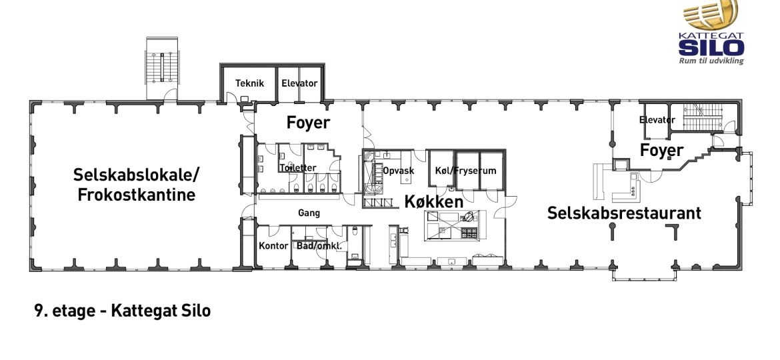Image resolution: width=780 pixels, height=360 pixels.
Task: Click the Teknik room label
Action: tap(250, 83)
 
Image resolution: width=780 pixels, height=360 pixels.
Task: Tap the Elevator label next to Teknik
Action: tap(299, 83)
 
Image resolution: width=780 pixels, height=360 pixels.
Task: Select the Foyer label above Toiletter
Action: tap(309, 123)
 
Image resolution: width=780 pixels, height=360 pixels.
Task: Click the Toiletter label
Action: tap(297, 168)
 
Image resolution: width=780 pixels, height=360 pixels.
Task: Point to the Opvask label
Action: tap(399, 171)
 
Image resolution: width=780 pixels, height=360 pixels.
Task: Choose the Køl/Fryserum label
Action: tap(465, 171)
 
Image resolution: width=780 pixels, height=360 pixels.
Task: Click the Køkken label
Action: tap(434, 201)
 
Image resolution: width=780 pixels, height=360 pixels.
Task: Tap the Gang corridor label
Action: tap(309, 213)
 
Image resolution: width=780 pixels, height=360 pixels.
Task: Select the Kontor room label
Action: tap(273, 245)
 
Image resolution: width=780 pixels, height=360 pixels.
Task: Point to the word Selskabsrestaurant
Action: tap(624, 213)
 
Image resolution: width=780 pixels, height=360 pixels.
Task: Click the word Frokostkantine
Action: tap(136, 195)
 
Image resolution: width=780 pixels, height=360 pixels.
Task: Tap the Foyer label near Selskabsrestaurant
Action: tap(661, 150)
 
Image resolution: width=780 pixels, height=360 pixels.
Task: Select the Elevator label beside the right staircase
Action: tap(657, 120)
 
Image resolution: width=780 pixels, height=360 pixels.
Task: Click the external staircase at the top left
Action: tap(162, 68)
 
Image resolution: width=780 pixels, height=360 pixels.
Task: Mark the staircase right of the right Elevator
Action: tap(703, 117)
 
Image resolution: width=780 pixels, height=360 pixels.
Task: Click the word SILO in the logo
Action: tap(711, 48)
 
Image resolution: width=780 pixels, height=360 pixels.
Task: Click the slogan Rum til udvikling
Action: tap(711, 61)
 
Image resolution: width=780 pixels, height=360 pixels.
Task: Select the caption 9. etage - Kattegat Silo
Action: tap(123, 311)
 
